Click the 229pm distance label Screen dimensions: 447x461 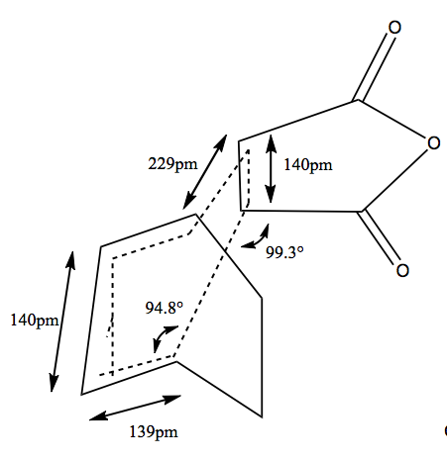pyautogui.click(x=172, y=164)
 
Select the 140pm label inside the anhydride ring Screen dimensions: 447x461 pyautogui.click(x=308, y=165)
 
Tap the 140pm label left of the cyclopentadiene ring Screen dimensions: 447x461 pyautogui.click(x=35, y=321)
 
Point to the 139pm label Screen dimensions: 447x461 pyautogui.click(x=154, y=432)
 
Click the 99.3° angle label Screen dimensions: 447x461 pyautogui.click(x=284, y=252)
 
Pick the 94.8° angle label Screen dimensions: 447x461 pyautogui.click(x=165, y=308)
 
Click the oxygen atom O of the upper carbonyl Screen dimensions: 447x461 pyautogui.click(x=394, y=28)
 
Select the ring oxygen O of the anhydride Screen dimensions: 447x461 pyautogui.click(x=433, y=143)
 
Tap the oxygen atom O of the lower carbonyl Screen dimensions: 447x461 pyautogui.click(x=402, y=270)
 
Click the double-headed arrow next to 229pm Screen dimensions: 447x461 pyautogui.click(x=205, y=172)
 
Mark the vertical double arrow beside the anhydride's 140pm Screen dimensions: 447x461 pyautogui.click(x=271, y=168)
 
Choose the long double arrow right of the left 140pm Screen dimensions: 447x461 pyautogui.click(x=62, y=322)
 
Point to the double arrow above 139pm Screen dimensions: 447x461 pyautogui.click(x=135, y=408)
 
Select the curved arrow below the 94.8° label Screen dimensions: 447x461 pyautogui.click(x=163, y=336)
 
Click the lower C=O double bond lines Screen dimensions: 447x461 pyautogui.click(x=379, y=236)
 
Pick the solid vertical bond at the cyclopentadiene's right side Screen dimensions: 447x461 pyautogui.click(x=262, y=358)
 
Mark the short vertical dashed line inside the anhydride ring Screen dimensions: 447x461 pyautogui.click(x=248, y=177)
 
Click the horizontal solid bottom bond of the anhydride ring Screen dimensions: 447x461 pyautogui.click(x=301, y=211)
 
